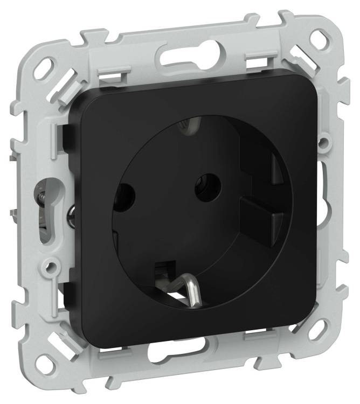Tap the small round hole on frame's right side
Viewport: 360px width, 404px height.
(x=323, y=142)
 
